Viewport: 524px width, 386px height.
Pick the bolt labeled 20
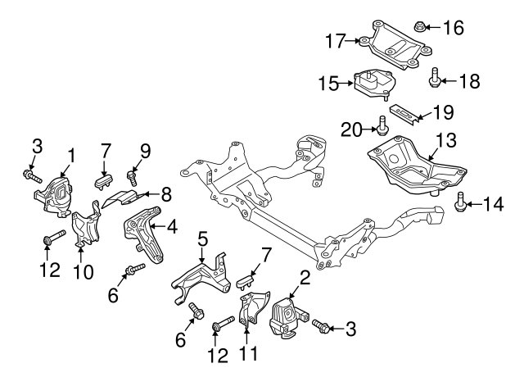(383, 126)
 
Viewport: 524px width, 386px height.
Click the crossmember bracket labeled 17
(391, 43)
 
